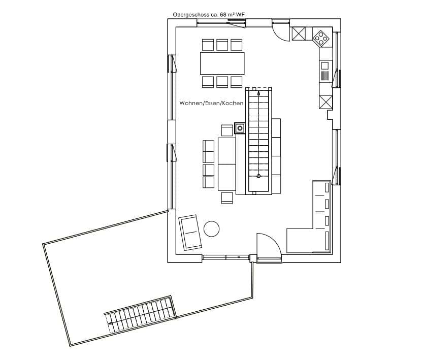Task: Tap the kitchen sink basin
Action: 325,66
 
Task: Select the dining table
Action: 222,63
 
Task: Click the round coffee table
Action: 211,229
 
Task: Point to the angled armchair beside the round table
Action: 190,232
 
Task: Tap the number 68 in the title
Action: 223,15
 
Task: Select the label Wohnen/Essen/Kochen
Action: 211,103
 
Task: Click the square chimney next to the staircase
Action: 240,128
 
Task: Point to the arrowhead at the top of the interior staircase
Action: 258,93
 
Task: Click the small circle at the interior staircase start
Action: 258,176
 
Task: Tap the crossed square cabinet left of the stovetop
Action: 299,34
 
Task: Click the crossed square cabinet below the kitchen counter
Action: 326,102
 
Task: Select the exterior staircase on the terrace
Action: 140,314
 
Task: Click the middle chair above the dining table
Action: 222,45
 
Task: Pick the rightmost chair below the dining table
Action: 237,82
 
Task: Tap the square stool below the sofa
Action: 227,198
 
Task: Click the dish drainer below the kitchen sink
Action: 325,76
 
